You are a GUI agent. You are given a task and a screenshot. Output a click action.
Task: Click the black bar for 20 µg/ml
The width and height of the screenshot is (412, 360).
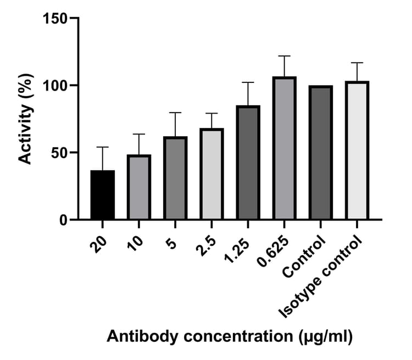(x=103, y=195)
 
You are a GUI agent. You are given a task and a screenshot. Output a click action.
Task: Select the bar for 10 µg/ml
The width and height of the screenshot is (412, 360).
(x=139, y=188)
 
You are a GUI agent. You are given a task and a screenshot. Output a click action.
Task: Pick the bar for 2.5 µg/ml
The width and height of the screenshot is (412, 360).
(x=211, y=175)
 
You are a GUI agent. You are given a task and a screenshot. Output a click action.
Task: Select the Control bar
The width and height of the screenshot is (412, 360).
(x=320, y=153)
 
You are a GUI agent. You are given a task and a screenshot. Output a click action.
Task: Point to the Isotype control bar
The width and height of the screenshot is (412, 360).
(x=357, y=151)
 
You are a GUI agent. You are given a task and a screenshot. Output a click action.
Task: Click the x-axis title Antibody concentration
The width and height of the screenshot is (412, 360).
(x=229, y=335)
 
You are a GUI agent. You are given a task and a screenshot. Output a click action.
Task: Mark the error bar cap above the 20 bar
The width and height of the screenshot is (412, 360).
(x=103, y=147)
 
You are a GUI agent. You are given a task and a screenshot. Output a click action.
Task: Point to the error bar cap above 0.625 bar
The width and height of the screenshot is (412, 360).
(x=284, y=56)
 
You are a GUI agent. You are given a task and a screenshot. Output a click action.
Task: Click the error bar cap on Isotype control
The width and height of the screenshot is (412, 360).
(x=357, y=63)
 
